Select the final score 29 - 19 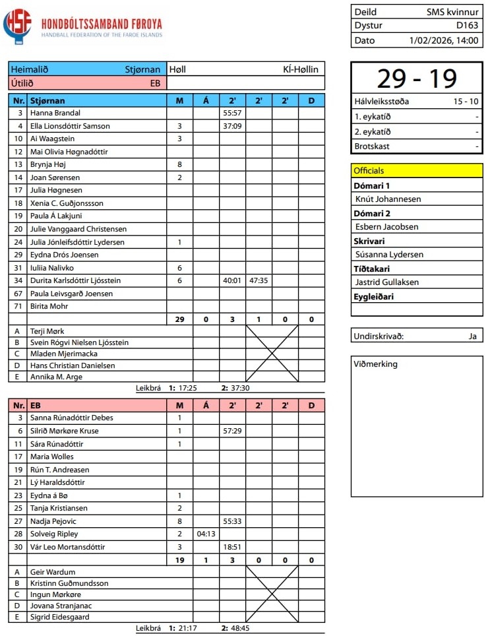417,79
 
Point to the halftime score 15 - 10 466,102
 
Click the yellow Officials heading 369,170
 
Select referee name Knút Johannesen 388,199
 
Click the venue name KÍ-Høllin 300,69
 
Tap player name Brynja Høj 48,164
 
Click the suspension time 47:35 259,280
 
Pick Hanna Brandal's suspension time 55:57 232,113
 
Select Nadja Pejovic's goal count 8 179,521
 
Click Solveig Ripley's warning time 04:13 206,534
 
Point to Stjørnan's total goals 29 179,319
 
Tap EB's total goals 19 179,560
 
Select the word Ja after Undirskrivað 472,336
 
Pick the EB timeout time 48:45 240,628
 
